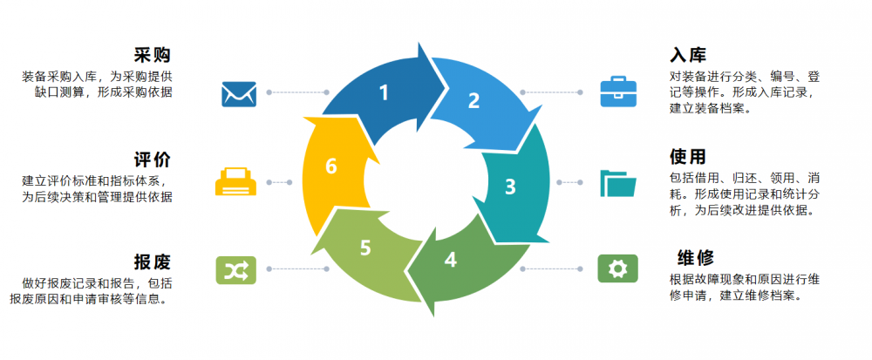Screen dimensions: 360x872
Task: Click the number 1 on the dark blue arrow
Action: click(x=384, y=92)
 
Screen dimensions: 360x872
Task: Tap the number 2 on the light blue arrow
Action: click(x=473, y=100)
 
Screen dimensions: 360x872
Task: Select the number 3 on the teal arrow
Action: click(x=510, y=186)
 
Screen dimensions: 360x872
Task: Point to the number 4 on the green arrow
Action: click(x=450, y=259)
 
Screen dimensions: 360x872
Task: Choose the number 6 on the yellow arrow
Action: click(x=331, y=166)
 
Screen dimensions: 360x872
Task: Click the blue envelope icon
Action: click(x=238, y=92)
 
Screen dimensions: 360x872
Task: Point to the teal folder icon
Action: click(x=618, y=182)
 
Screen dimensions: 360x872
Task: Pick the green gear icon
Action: click(x=617, y=268)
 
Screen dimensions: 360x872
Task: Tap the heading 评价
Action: click(x=153, y=160)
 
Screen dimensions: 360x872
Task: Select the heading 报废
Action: click(x=153, y=262)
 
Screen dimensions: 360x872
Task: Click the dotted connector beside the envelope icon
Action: click(x=296, y=92)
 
